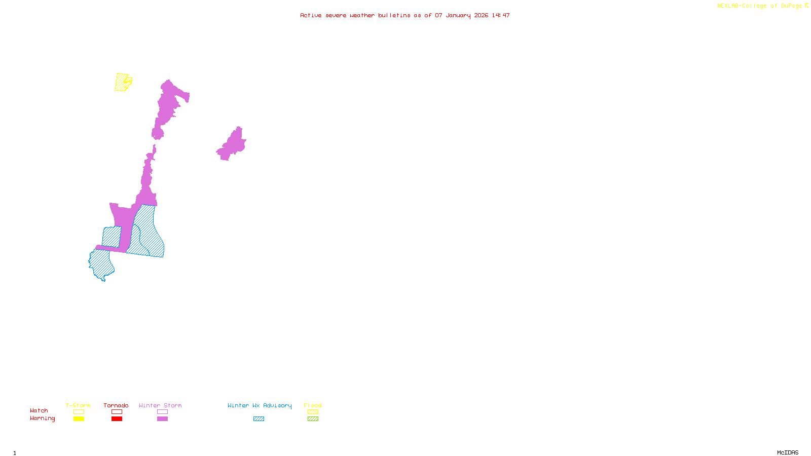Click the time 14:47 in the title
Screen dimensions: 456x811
tap(501, 15)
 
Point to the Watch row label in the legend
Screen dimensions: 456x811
tap(39, 410)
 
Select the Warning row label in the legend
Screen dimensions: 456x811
tap(43, 419)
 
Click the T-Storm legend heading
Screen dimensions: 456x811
tap(78, 405)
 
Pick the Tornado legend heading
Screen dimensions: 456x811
tap(116, 405)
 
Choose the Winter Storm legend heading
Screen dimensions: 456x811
tap(160, 405)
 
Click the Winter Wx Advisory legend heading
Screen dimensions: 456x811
tap(260, 405)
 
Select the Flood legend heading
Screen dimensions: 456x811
tap(313, 405)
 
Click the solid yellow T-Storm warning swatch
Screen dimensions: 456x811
tap(79, 419)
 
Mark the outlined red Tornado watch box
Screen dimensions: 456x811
tap(117, 412)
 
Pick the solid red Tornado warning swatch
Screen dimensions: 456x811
tap(117, 419)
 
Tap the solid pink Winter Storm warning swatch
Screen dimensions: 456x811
tap(162, 419)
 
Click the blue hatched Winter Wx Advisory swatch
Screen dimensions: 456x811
tap(259, 419)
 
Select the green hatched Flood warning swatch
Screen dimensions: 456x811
tap(313, 419)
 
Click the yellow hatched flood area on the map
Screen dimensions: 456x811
tap(122, 82)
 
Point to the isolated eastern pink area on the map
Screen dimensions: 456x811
tap(233, 145)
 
